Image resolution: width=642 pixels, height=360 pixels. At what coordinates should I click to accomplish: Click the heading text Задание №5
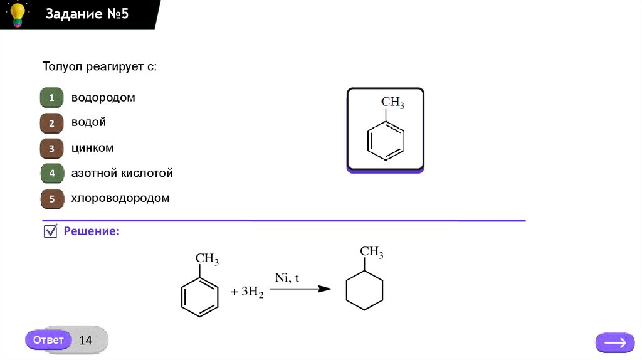tap(87, 14)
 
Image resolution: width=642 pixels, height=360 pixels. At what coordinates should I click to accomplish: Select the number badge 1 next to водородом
tap(52, 98)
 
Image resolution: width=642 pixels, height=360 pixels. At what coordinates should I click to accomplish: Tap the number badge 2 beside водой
tap(52, 124)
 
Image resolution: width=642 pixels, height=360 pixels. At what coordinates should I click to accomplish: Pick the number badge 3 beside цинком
tap(52, 149)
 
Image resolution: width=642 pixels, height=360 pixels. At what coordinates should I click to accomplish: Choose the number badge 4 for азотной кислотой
tap(52, 174)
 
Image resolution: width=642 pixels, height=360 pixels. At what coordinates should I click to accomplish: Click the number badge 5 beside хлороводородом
tap(52, 199)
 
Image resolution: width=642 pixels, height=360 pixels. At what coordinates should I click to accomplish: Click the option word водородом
tap(103, 98)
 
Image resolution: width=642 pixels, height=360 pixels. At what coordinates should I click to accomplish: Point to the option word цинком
tap(92, 149)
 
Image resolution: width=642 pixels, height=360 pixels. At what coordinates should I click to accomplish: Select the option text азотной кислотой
tap(122, 173)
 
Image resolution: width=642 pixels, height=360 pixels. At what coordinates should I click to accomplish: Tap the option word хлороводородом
tap(120, 198)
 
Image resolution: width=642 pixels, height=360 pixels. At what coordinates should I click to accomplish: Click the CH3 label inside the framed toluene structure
tap(392, 102)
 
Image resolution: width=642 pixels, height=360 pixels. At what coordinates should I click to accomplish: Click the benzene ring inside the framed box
tap(385, 141)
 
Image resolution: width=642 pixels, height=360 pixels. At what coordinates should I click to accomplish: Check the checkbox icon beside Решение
tap(51, 231)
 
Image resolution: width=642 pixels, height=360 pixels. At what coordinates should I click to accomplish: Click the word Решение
tap(92, 231)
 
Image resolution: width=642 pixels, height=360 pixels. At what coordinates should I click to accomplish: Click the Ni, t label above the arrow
tap(287, 277)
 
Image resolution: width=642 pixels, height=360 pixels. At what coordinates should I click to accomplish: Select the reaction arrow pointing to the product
tap(304, 289)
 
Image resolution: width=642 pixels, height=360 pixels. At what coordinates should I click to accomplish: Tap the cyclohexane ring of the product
tap(364, 290)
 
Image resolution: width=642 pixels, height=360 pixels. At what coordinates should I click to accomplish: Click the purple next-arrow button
tap(614, 342)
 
